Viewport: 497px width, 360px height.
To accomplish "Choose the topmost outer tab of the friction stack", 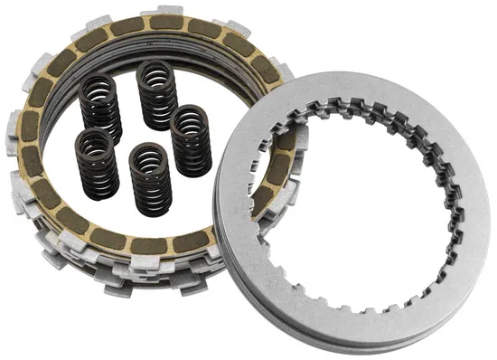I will pyautogui.click(x=172, y=7).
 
